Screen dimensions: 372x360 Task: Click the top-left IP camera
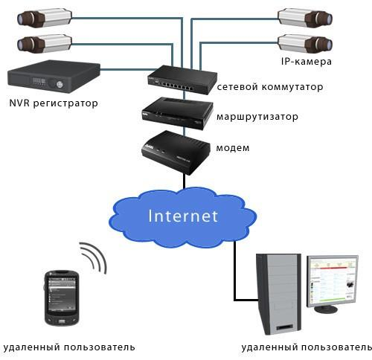point(45,17)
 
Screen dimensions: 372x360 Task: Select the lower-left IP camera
point(45,44)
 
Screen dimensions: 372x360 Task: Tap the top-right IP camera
point(305,17)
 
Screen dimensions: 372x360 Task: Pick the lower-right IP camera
point(305,44)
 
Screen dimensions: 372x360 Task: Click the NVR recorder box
point(54,77)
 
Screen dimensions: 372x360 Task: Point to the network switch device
point(182,80)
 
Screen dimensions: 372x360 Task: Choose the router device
point(178,113)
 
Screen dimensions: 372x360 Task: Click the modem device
point(176,152)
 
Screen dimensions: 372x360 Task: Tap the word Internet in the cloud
point(183,216)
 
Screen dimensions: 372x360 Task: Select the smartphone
point(62,298)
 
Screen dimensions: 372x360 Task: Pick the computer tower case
point(279,293)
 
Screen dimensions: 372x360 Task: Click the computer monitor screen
point(333,281)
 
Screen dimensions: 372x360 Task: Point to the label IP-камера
point(307,62)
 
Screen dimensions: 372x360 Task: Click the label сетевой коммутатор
point(270,87)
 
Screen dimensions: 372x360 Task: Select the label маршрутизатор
point(257,117)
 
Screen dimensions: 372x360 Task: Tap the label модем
point(233,148)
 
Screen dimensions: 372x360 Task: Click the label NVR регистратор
point(54,103)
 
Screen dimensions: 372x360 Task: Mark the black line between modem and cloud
point(185,181)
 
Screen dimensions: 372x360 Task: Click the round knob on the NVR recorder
point(60,85)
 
